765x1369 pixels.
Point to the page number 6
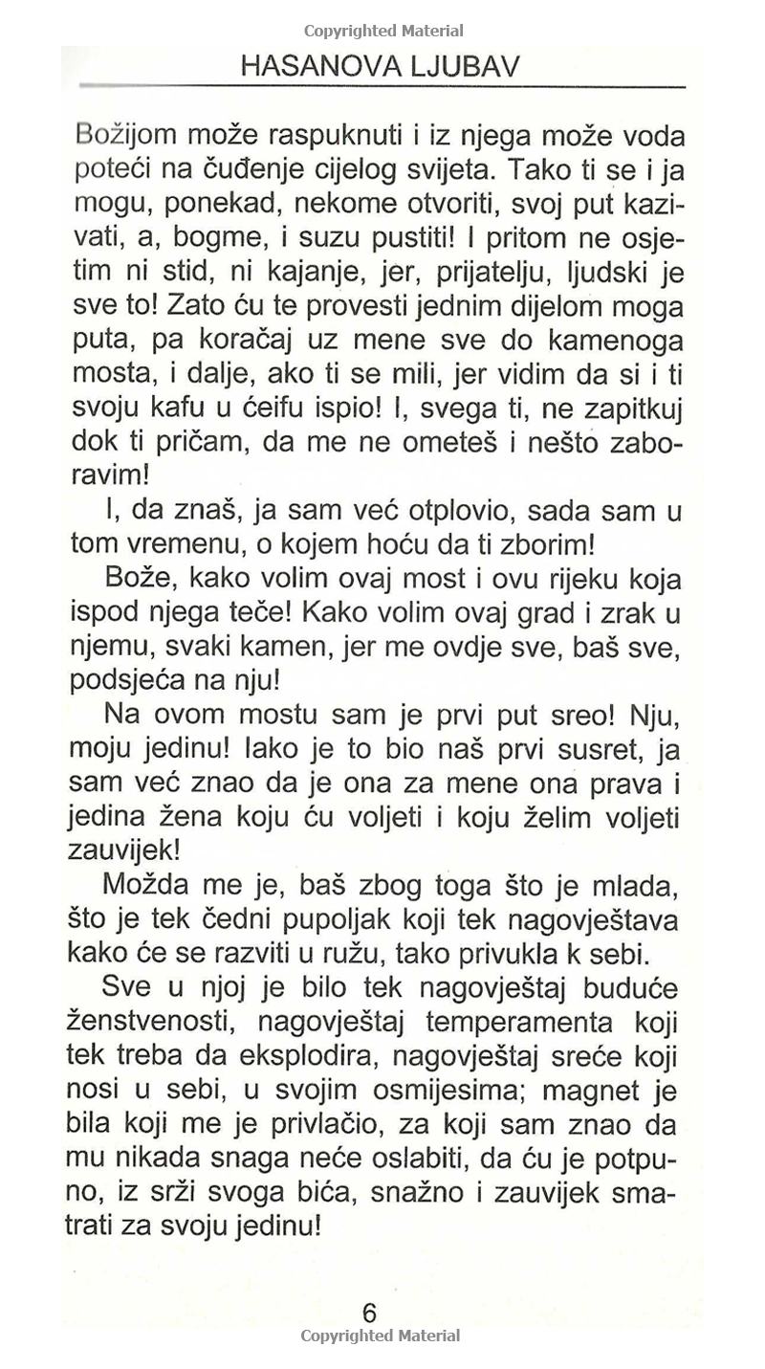(370, 1313)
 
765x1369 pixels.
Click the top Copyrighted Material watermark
(383, 31)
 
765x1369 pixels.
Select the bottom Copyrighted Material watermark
(381, 1336)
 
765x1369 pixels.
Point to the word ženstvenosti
(137, 1022)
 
